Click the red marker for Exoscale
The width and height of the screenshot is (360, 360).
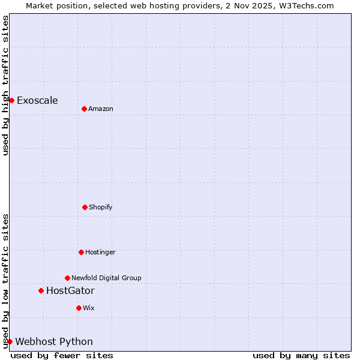click(x=11, y=100)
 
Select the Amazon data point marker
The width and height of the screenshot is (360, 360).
click(x=84, y=109)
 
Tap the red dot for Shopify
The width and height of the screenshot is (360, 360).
click(x=85, y=207)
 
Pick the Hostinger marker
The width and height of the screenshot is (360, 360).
click(x=81, y=252)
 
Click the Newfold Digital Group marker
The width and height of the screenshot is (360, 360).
click(x=67, y=278)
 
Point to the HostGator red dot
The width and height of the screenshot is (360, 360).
click(x=41, y=290)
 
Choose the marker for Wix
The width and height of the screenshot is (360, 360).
click(x=79, y=308)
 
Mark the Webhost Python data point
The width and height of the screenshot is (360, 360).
click(x=10, y=341)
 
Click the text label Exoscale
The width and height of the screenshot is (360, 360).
click(x=37, y=100)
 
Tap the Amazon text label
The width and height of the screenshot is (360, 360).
click(x=101, y=109)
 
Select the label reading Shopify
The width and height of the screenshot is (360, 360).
click(x=101, y=207)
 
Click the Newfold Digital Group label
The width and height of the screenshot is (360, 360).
click(x=106, y=278)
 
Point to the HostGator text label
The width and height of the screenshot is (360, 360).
click(x=70, y=290)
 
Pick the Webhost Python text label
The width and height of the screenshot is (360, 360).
click(x=54, y=341)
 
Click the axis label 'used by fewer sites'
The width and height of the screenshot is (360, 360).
click(x=62, y=355)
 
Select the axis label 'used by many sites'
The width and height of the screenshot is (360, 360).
click(x=301, y=355)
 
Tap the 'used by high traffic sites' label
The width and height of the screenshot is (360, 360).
click(x=5, y=85)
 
